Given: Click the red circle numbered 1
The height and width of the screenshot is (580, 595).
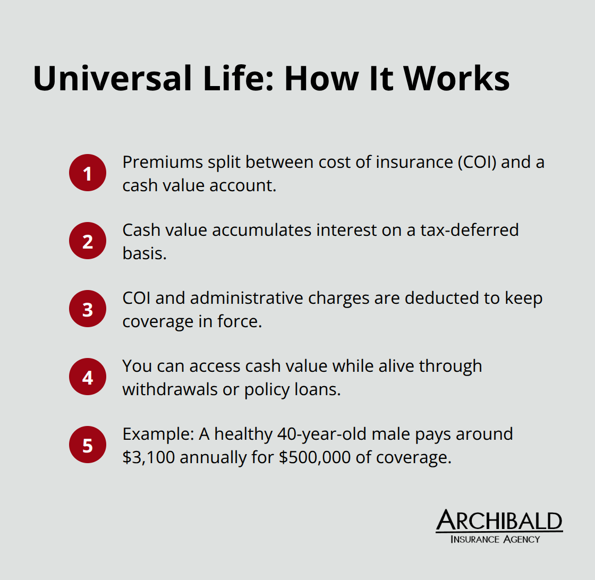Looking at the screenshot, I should pyautogui.click(x=88, y=173).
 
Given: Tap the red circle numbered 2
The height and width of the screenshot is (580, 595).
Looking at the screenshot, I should pyautogui.click(x=88, y=241).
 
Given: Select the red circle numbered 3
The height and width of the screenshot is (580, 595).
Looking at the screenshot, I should pyautogui.click(x=88, y=309).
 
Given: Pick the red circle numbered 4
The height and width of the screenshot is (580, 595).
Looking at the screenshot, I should pyautogui.click(x=88, y=377).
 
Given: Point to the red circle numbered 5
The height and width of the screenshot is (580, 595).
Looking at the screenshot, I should pyautogui.click(x=88, y=445).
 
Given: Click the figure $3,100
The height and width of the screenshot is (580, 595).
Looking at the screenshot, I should pyautogui.click(x=148, y=457).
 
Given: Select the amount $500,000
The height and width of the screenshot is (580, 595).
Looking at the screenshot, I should pyautogui.click(x=314, y=457).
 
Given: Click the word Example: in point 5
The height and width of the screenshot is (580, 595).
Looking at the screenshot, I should pyautogui.click(x=158, y=434).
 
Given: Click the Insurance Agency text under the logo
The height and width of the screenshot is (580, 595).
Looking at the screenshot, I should pyautogui.click(x=495, y=539).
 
